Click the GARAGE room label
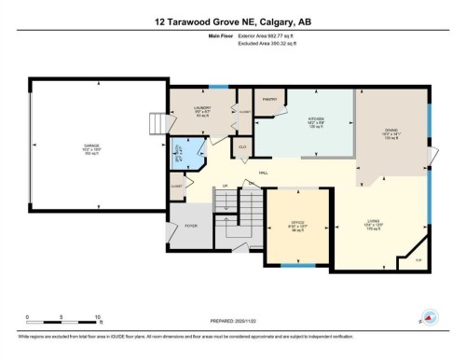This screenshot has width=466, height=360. (91, 146)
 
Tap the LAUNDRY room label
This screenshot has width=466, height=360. (201, 109)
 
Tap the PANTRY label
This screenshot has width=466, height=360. (271, 99)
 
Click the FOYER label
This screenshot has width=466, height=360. (191, 227)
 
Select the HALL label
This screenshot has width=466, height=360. (264, 173)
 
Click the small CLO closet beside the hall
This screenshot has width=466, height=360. (242, 147)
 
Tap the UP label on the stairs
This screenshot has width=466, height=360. (224, 187)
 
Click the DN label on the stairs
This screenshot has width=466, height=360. (251, 184)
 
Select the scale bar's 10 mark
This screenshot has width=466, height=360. (97, 317)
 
